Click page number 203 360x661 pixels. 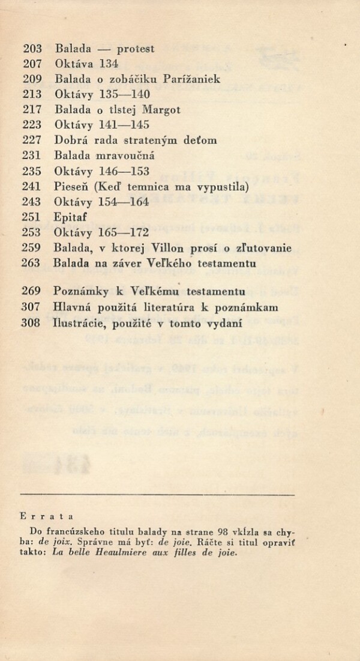(x=31, y=49)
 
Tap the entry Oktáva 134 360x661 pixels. (x=86, y=63)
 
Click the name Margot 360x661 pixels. (x=162, y=110)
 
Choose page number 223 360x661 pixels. (x=31, y=125)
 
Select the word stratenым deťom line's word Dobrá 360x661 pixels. (x=71, y=140)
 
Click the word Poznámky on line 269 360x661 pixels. (x=81, y=292)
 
